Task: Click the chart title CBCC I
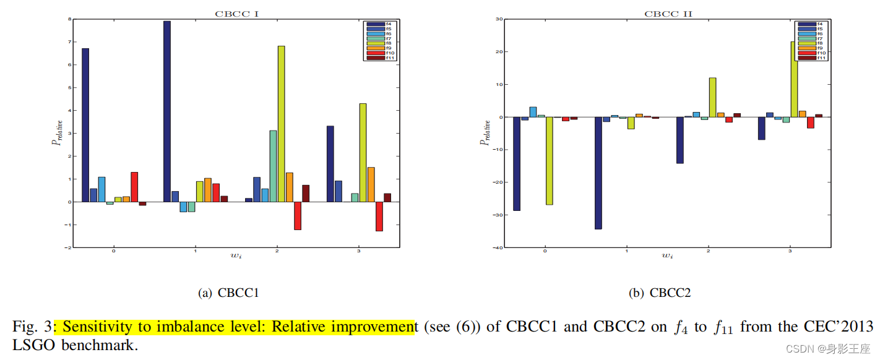tap(237, 14)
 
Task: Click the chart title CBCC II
tap(667, 14)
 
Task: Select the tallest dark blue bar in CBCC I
tap(167, 111)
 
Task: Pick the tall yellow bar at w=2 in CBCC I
tap(282, 124)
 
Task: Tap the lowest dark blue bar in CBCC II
tap(598, 173)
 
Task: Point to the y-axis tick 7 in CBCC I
tap(69, 42)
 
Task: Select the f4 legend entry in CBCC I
tap(378, 24)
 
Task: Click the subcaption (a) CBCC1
tap(228, 293)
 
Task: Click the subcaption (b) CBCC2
tap(660, 293)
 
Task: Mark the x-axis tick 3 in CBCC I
tap(358, 251)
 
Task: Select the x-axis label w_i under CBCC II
tap(667, 255)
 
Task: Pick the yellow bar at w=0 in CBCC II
tap(549, 161)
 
